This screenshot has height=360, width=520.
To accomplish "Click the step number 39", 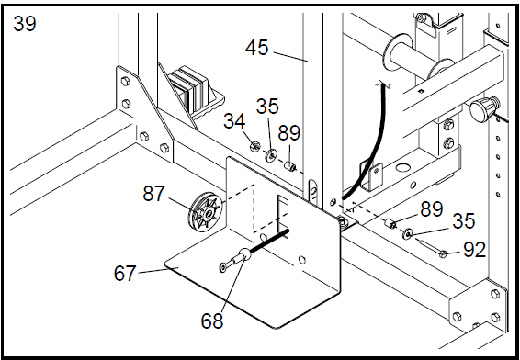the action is pos(25,24).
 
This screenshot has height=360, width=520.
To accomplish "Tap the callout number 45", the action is pos(256,48).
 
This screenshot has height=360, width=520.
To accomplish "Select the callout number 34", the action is pos(234,121).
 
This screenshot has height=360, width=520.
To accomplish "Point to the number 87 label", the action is pos(153,194).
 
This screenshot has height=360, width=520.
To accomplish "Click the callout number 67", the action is pos(125,274).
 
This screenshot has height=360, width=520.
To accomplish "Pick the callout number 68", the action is pos(212,321).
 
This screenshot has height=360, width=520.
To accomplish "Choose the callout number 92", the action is pos(475,250).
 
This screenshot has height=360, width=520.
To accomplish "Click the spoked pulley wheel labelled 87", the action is pos(206,212).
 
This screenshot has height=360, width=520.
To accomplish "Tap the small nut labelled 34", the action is pos(255,145).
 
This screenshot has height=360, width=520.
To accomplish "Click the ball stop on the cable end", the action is pos(245,254).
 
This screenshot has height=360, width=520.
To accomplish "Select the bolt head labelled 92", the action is pos(443,254).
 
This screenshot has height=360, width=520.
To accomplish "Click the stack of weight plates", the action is pos(189,88).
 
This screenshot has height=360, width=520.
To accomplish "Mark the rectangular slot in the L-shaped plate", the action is pos(283,217).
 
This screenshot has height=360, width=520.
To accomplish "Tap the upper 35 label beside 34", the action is pos(267,107).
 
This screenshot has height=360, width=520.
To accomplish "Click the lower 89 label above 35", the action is pos(432,209).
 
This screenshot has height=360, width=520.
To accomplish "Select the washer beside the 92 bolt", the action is pos(407,233).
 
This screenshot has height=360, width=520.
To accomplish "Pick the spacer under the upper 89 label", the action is pos(290,165).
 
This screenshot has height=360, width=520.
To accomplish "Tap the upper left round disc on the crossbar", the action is pos(396,52).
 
